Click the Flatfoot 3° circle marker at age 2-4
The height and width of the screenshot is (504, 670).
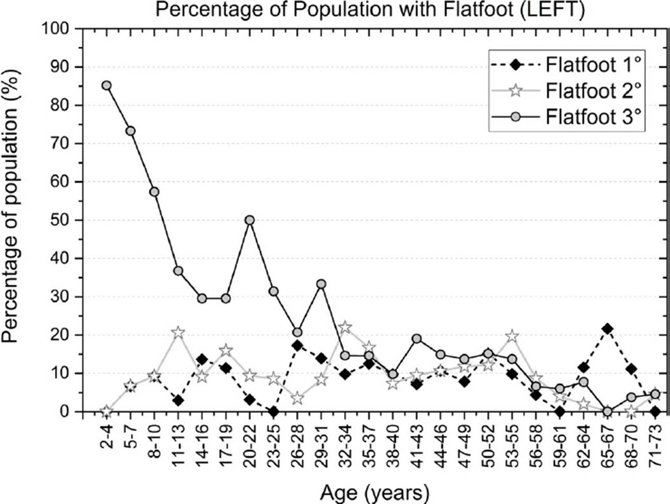[x=106, y=85]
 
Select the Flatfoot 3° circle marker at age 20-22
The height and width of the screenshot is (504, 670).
[x=250, y=220]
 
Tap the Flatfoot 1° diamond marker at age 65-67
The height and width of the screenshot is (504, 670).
[x=607, y=329]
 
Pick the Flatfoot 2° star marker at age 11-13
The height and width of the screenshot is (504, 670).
[x=178, y=332]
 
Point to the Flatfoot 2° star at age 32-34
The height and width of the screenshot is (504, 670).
[x=345, y=327]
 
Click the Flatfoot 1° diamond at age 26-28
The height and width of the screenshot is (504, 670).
[x=298, y=345]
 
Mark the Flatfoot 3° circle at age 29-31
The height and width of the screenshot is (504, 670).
[x=321, y=284]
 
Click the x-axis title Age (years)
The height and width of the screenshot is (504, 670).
[x=375, y=493]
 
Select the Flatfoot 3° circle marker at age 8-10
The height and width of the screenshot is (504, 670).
[x=154, y=192]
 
